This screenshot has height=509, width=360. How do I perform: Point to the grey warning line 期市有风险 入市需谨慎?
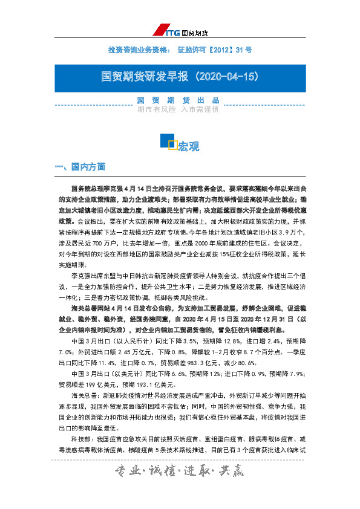(x=178, y=110)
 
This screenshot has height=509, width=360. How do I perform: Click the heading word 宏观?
(x=188, y=146)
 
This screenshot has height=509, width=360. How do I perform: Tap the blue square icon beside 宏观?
(x=168, y=141)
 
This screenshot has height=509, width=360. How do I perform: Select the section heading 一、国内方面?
(x=79, y=167)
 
